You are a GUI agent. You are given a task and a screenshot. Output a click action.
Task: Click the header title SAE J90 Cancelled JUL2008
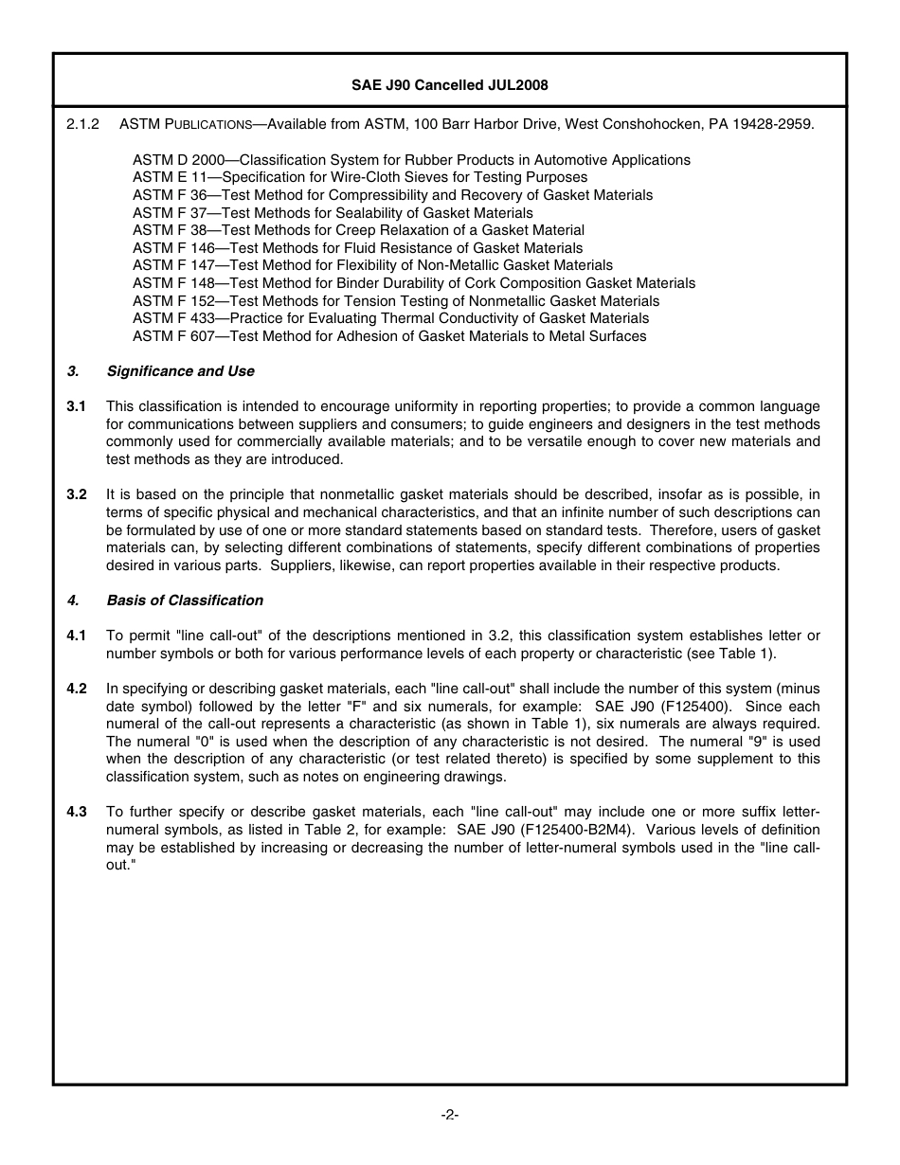(x=449, y=84)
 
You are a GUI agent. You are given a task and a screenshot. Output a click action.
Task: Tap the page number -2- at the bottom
(x=450, y=1115)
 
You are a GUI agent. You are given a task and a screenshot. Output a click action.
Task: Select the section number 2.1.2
(x=83, y=124)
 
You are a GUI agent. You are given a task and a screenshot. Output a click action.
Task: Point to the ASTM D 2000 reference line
(x=411, y=160)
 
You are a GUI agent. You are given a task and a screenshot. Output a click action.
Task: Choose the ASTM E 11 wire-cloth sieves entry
(x=360, y=177)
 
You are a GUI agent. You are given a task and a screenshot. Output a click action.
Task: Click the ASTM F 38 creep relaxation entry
(x=358, y=230)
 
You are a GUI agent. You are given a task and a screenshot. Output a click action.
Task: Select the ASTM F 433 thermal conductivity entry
(x=390, y=318)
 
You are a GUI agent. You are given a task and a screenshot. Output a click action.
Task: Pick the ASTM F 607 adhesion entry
(x=389, y=336)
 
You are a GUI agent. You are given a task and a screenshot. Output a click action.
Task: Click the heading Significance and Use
(x=180, y=371)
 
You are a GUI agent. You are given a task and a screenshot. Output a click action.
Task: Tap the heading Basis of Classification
(x=185, y=600)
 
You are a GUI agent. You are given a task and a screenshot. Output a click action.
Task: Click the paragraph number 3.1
(x=77, y=406)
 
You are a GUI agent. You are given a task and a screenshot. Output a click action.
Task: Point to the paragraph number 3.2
(x=77, y=494)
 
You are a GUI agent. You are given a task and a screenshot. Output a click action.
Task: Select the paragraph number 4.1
(x=77, y=635)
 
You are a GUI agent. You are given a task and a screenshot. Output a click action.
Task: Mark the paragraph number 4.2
(x=77, y=689)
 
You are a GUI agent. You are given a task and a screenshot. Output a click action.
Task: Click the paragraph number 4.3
(x=77, y=812)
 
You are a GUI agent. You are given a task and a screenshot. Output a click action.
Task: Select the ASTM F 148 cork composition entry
(x=414, y=283)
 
